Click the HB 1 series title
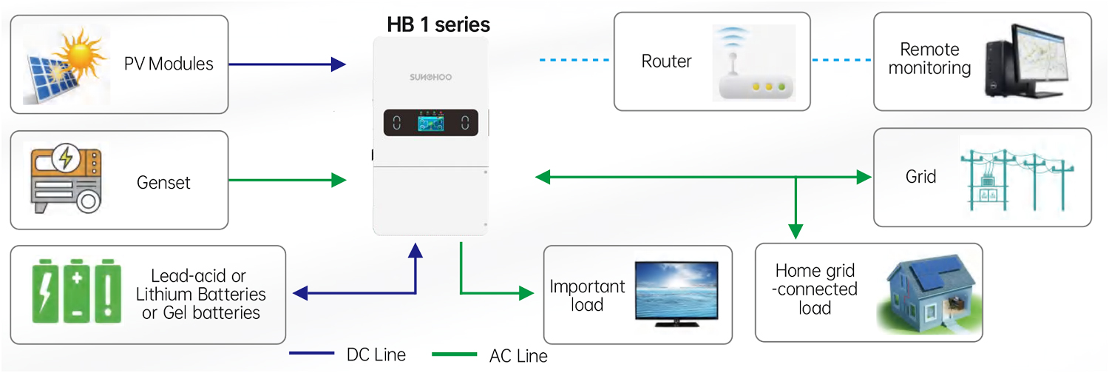(x=438, y=24)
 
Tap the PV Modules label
(x=169, y=64)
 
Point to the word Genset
(x=163, y=182)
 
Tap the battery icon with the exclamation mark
(x=109, y=290)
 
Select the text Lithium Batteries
(x=200, y=295)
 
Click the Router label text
(x=666, y=61)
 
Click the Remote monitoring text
(x=929, y=59)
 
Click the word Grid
(x=920, y=177)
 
